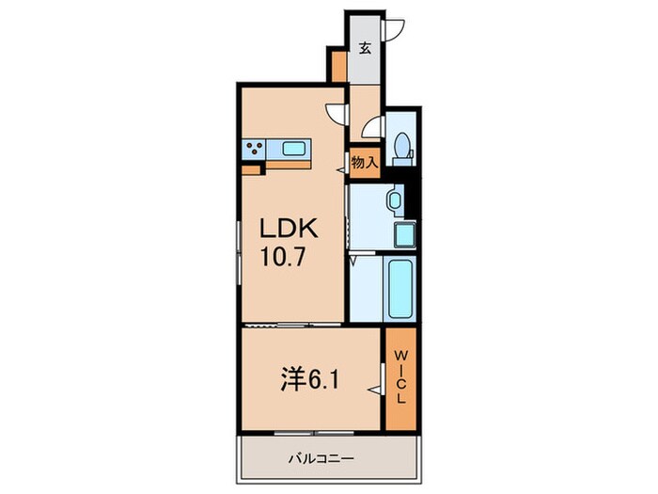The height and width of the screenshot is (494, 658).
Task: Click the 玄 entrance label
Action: point(364,49)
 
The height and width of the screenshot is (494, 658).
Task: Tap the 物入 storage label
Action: point(364,162)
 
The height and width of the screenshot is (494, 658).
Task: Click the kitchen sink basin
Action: point(293,147)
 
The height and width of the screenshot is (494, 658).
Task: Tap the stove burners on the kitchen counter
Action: point(254,147)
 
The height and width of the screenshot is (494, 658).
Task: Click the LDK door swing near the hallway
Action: point(337,114)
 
